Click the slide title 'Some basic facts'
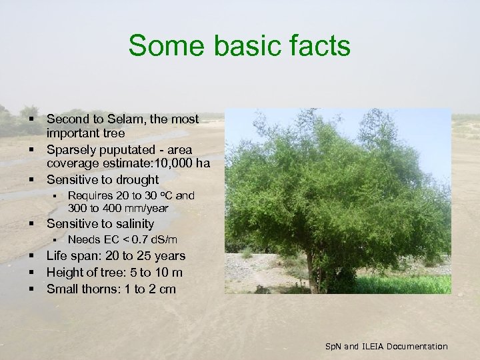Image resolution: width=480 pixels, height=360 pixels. (239, 46)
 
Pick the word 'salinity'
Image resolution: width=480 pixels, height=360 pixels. (131, 224)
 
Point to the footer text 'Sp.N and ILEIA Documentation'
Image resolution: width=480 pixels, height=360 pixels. (386, 346)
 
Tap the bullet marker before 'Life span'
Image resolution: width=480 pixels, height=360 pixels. (31, 256)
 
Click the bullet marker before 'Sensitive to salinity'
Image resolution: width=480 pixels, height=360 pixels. (31, 224)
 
